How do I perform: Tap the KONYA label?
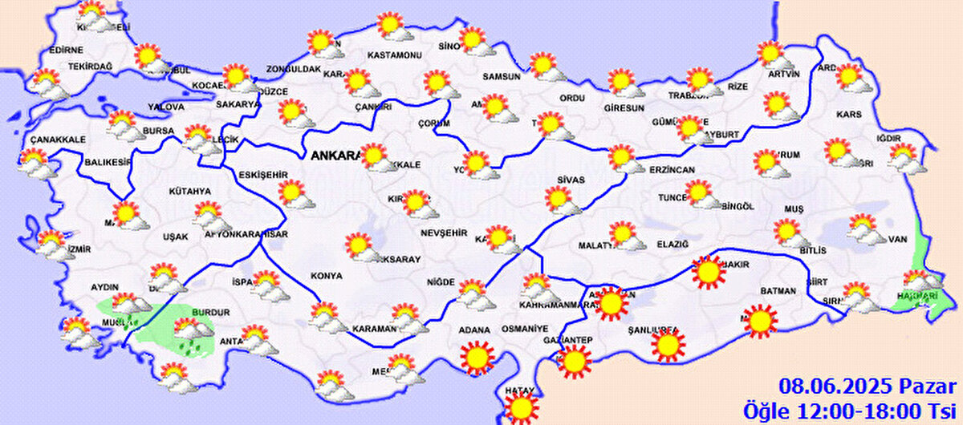point(327,276)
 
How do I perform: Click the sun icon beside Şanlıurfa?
point(668,346)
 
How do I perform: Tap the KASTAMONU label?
point(394,55)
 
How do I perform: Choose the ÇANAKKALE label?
point(58,140)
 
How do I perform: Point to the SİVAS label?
point(571,180)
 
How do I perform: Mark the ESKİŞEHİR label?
point(263,175)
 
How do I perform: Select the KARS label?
point(848,115)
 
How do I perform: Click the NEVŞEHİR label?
point(443,233)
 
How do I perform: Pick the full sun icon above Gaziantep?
point(575,362)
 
